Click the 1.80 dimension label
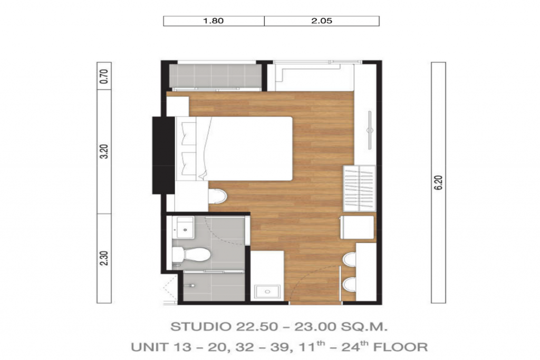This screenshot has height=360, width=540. pyautogui.click(x=213, y=21)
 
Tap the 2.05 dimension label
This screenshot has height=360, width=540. pyautogui.click(x=321, y=21)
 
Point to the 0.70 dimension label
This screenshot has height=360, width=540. pyautogui.click(x=104, y=77)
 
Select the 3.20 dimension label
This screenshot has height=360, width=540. pyautogui.click(x=104, y=152)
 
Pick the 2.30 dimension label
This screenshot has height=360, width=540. pyautogui.click(x=104, y=259)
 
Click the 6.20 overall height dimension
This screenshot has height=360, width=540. pyautogui.click(x=439, y=182)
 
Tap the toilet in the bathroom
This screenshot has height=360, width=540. pyautogui.click(x=192, y=255)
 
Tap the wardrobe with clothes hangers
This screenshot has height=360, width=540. pyautogui.click(x=359, y=189)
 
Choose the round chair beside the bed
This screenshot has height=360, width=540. pyautogui.click(x=217, y=197)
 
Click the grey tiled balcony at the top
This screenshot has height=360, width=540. pyautogui.click(x=215, y=75)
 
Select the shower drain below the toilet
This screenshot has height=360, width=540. pyautogui.click(x=193, y=285)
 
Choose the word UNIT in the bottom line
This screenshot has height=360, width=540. pyautogui.click(x=149, y=347)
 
